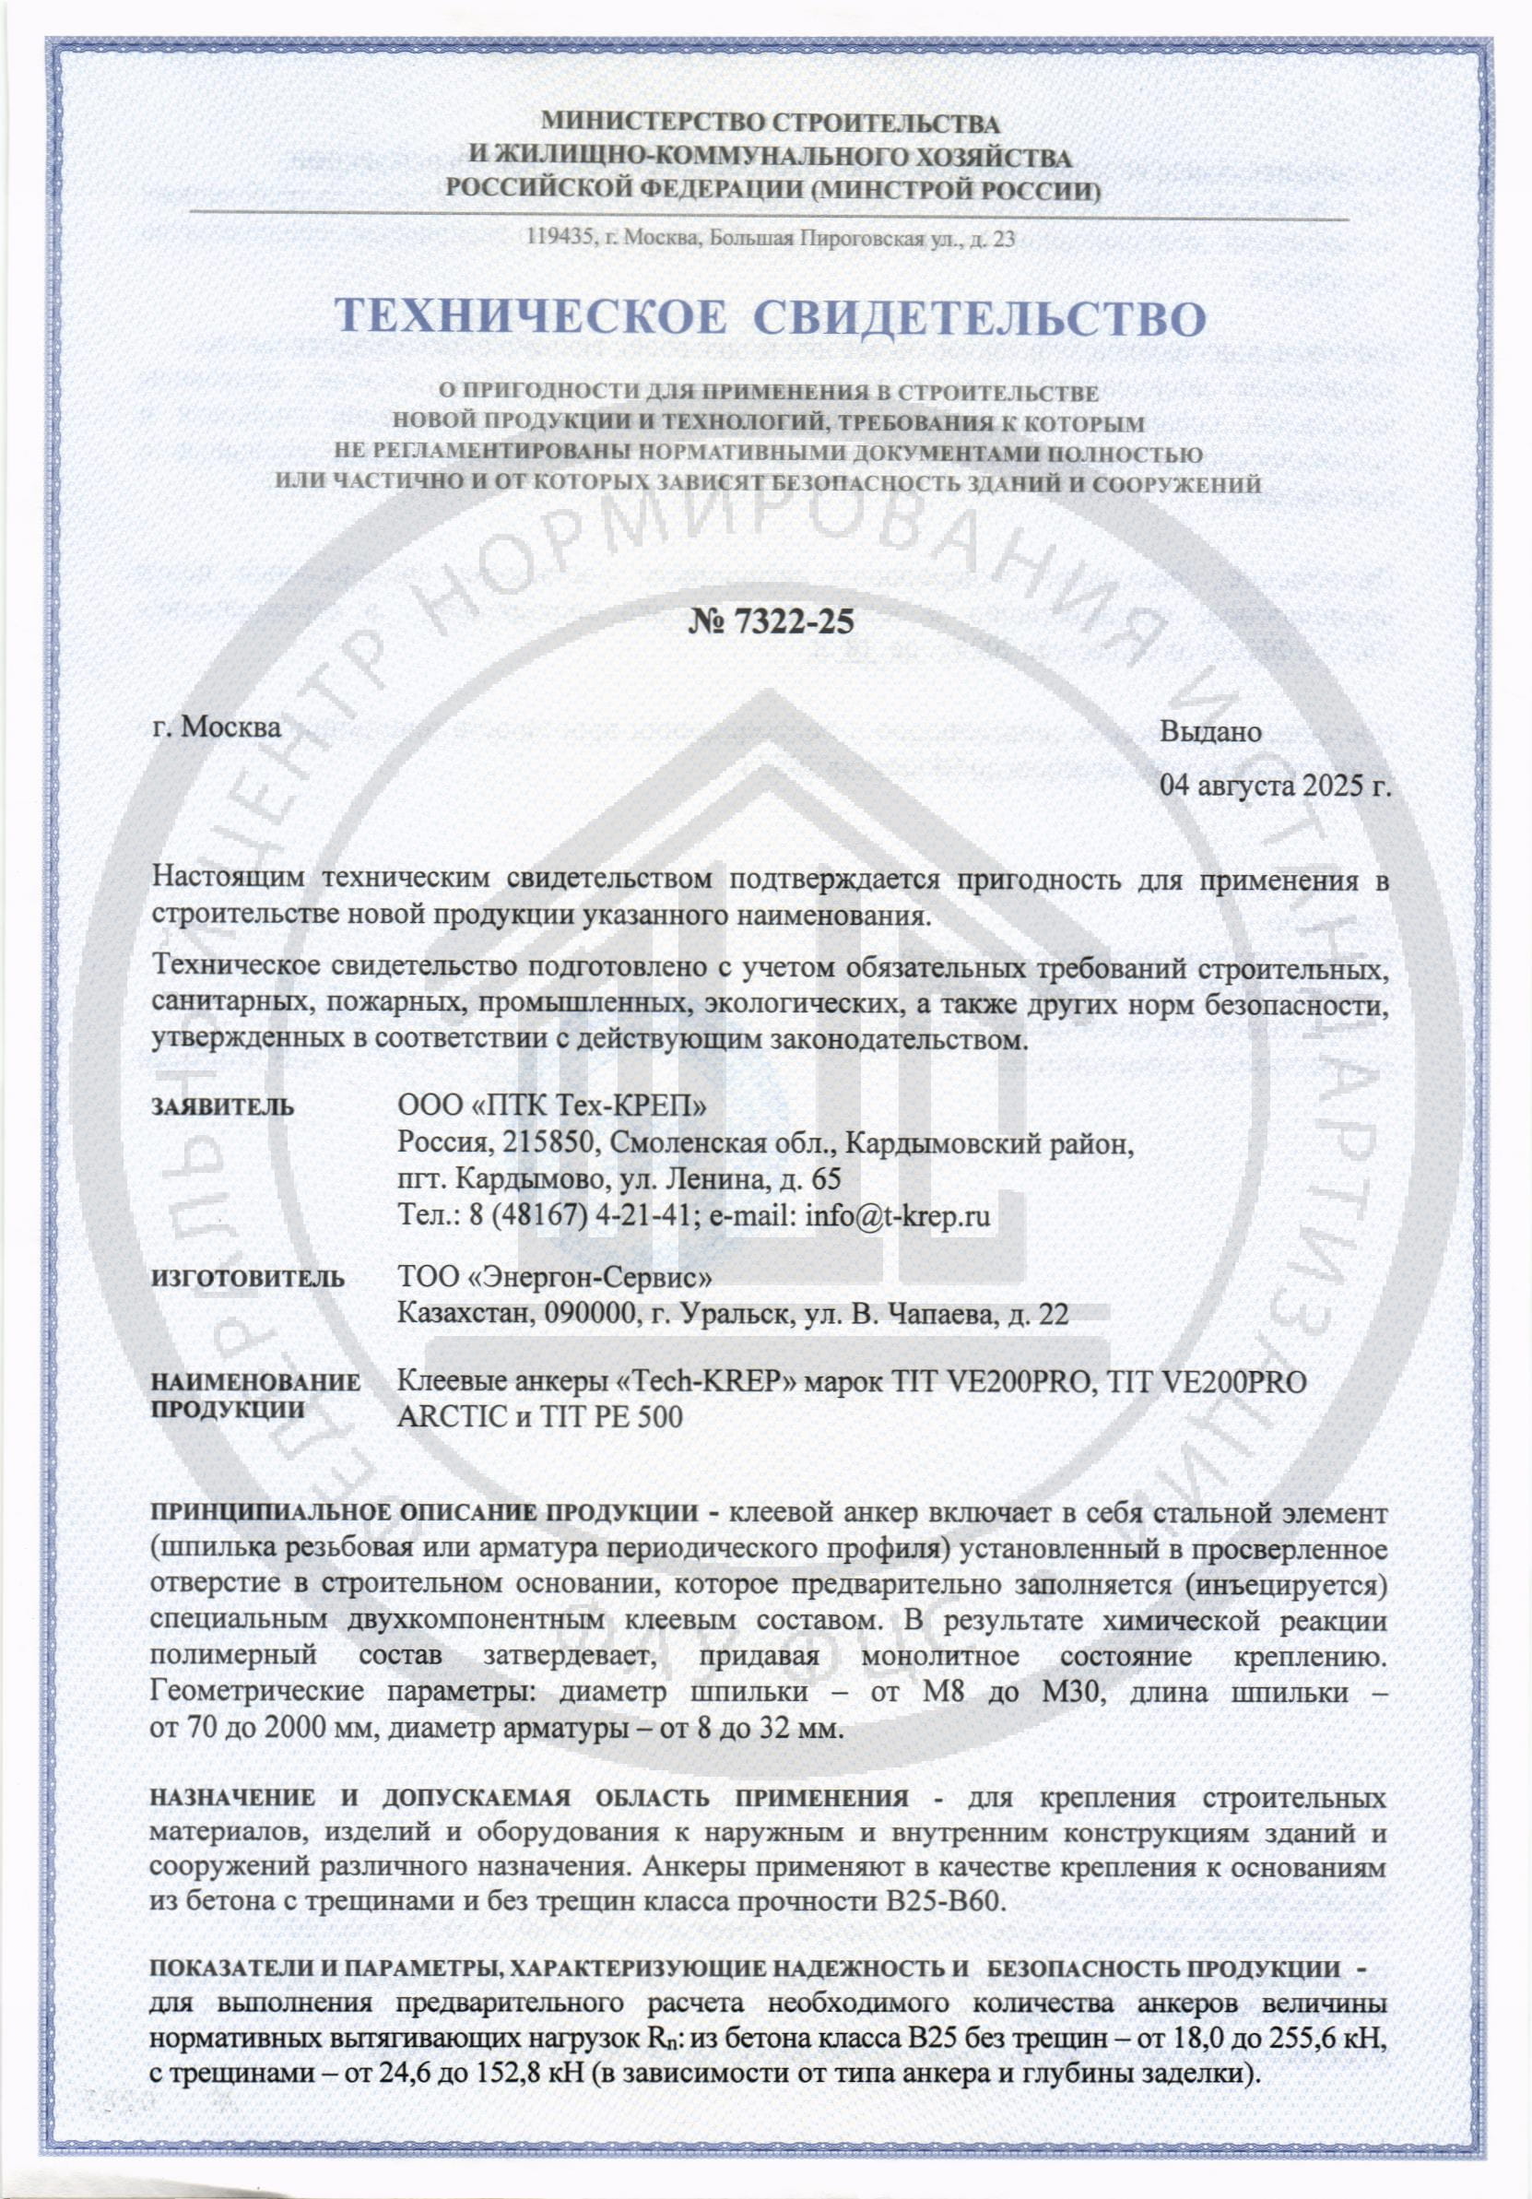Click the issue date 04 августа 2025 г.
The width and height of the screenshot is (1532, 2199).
(1275, 788)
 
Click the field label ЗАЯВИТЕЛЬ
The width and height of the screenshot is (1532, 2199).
(223, 1108)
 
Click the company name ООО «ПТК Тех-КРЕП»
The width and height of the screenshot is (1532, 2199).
(553, 1107)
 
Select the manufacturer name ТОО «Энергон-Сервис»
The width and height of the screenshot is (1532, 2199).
(554, 1280)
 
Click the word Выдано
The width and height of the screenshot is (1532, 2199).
(1210, 733)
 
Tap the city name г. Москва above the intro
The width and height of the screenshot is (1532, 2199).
(218, 727)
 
